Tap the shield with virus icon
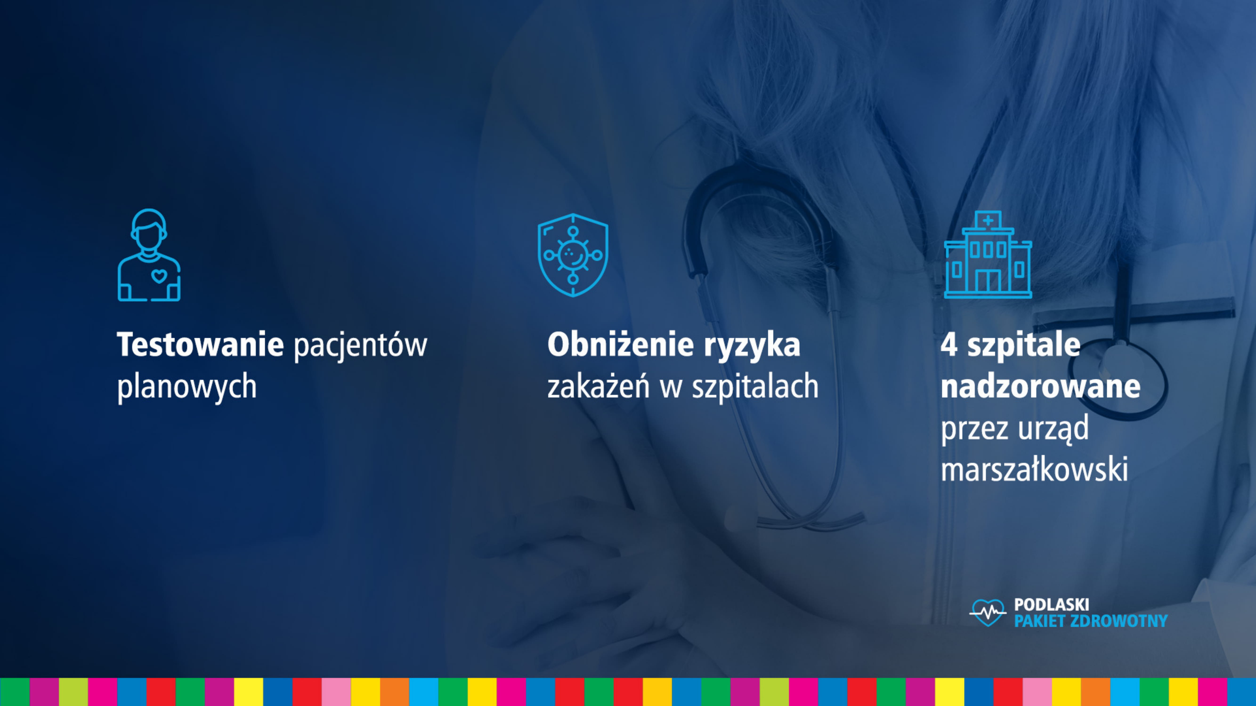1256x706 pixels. [573, 255]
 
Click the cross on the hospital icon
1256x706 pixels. [988, 221]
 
